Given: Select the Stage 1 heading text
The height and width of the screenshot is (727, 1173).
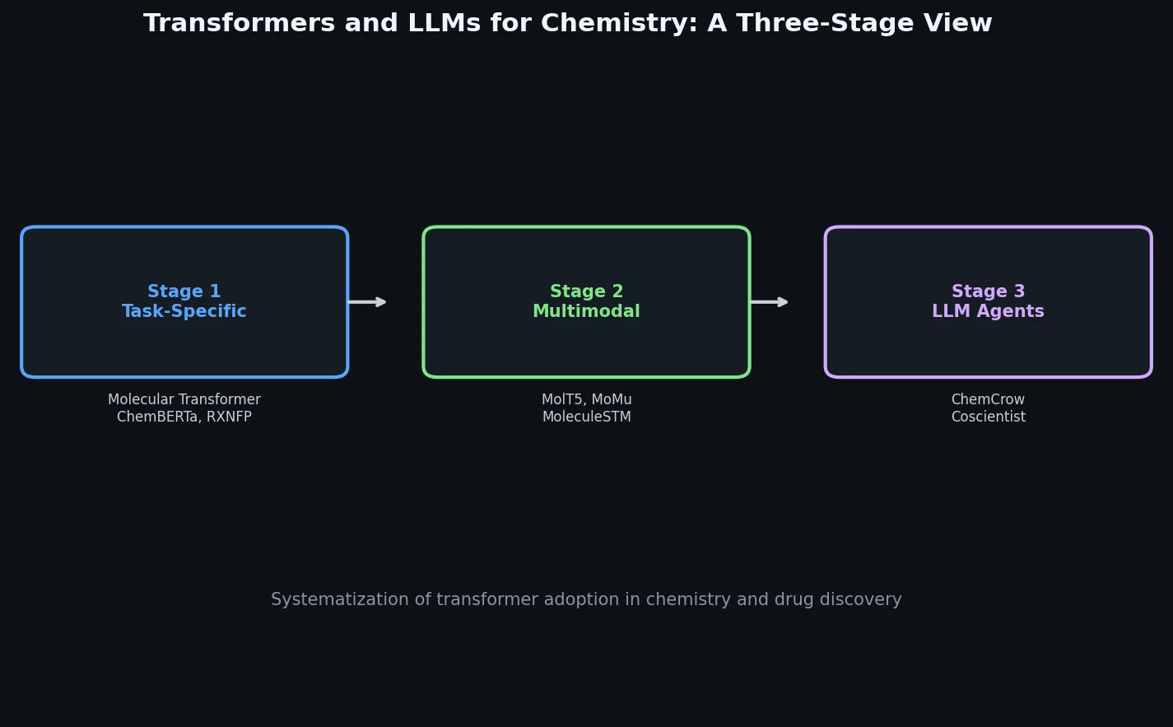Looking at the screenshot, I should coord(184,292).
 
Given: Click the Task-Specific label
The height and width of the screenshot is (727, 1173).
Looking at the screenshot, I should coord(184,312).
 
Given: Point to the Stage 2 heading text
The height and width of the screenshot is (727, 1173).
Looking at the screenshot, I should coord(586,292).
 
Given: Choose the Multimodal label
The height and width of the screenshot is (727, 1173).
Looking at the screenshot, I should coord(586,312).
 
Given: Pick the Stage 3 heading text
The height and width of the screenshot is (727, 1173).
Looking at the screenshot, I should coord(988,292).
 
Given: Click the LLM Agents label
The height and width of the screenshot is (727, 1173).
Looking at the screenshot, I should coord(988,312).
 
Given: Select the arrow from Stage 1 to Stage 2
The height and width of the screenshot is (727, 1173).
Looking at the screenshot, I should coord(367,302).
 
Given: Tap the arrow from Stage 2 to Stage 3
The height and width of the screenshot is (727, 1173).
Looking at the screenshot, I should coord(770,302).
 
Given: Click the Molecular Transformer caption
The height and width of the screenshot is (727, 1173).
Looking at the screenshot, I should coord(184,400).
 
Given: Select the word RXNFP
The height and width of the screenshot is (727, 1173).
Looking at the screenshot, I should coord(230,417).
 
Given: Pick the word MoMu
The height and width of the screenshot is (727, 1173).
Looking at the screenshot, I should coord(612,400).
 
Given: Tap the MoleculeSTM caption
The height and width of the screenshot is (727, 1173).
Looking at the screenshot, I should coord(586,417).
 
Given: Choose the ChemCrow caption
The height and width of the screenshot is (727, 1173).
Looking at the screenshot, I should coord(988,400).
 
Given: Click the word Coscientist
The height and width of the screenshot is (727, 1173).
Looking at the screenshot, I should coord(988,417).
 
